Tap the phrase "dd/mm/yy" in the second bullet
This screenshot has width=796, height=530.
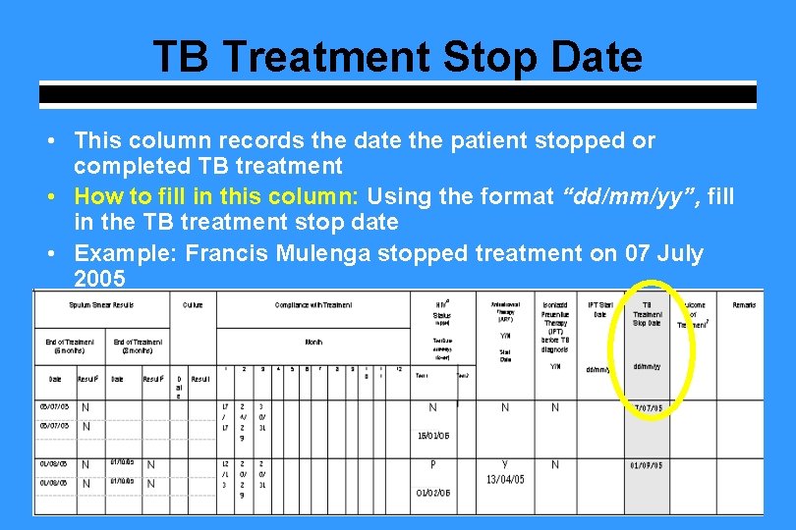[x=612, y=196]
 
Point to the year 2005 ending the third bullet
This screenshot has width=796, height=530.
[x=99, y=279]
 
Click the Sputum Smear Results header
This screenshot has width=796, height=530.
[x=101, y=305]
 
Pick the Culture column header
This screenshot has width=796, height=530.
[x=193, y=305]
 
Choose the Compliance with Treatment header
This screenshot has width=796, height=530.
[x=313, y=305]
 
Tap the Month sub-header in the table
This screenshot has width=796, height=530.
[x=313, y=343]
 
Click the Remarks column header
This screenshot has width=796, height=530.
[x=744, y=305]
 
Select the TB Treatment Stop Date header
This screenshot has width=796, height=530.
[x=647, y=314]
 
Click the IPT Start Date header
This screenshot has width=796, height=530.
[x=599, y=309]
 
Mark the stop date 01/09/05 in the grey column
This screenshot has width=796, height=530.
[x=646, y=465]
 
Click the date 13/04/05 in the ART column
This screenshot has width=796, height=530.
[x=505, y=479]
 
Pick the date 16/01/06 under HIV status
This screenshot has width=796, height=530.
[x=433, y=435]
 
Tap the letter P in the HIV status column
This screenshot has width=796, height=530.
[x=432, y=464]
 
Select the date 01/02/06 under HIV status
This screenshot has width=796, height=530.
[x=433, y=493]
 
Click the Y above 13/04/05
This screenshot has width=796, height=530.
[x=505, y=464]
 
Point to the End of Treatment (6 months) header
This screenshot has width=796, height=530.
[x=70, y=345]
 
